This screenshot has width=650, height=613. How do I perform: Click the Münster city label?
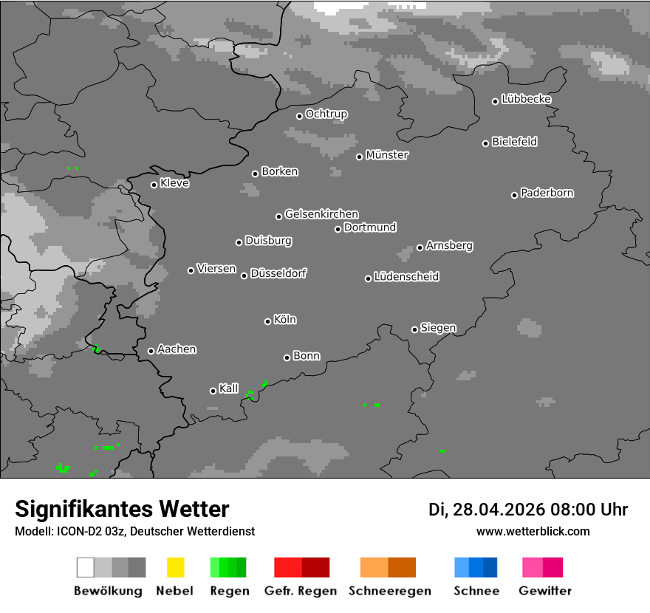click(x=387, y=155)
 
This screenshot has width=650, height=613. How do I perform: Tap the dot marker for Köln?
click(x=267, y=321)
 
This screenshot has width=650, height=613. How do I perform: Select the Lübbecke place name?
click(x=526, y=99)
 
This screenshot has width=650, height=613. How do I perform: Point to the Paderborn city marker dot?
click(x=514, y=195)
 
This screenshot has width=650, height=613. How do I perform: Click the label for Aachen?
click(x=177, y=349)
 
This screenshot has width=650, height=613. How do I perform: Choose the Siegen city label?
click(x=438, y=328)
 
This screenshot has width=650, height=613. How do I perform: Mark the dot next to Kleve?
click(x=154, y=185)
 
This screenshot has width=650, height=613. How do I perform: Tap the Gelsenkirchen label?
click(x=321, y=214)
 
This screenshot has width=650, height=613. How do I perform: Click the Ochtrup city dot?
click(x=299, y=116)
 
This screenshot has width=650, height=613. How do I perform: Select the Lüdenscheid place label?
click(x=406, y=277)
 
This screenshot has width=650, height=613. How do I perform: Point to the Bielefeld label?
click(x=514, y=142)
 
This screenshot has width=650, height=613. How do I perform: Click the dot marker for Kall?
click(x=213, y=391)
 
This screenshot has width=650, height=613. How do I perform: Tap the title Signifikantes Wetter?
click(x=122, y=509)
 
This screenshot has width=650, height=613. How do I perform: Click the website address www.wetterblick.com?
click(x=533, y=531)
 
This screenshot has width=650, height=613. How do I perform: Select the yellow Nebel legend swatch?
click(x=175, y=567)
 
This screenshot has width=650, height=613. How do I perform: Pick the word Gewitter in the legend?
click(x=544, y=591)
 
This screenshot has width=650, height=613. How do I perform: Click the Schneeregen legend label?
click(x=388, y=591)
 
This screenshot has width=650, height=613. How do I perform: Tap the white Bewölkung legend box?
click(x=85, y=567)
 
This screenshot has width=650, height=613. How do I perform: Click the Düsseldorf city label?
click(x=278, y=273)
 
